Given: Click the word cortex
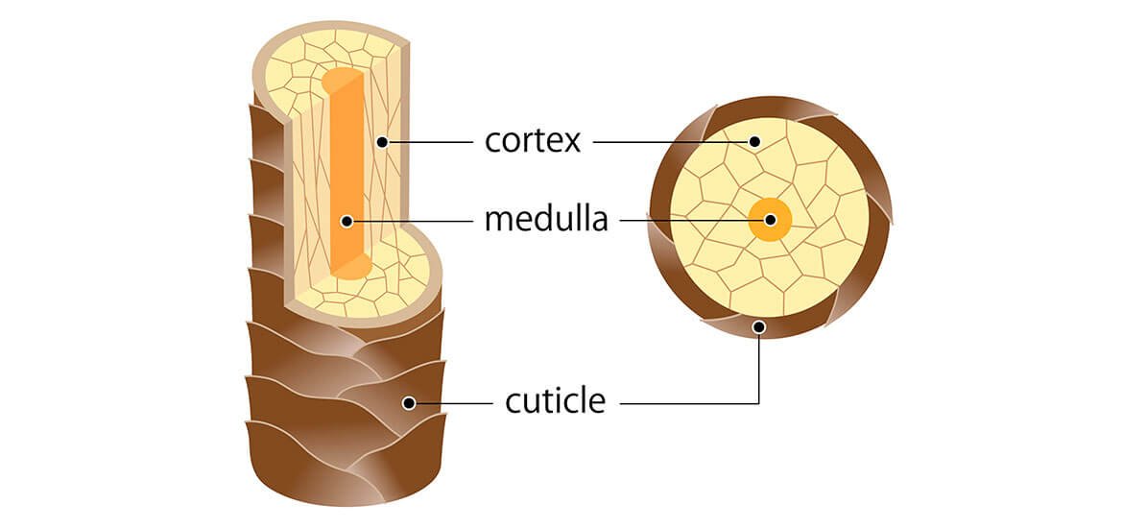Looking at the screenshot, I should (x=533, y=142).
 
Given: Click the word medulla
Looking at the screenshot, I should (x=546, y=220).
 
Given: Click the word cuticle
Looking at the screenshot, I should (x=556, y=400).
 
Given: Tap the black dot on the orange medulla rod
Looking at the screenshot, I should (x=346, y=221).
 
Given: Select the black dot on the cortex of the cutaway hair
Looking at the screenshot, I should (x=382, y=142).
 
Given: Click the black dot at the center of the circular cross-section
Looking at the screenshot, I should (x=770, y=220).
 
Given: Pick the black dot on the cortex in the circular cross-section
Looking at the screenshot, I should (x=754, y=142).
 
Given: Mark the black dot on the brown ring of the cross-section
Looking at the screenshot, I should (x=758, y=327).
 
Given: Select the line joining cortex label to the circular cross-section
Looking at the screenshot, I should (x=672, y=142).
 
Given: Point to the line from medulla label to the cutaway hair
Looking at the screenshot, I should (x=413, y=221).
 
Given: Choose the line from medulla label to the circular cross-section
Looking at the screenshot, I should (x=691, y=220).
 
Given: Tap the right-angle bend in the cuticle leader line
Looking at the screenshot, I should (x=758, y=402).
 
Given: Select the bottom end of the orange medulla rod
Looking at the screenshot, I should (x=351, y=268).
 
